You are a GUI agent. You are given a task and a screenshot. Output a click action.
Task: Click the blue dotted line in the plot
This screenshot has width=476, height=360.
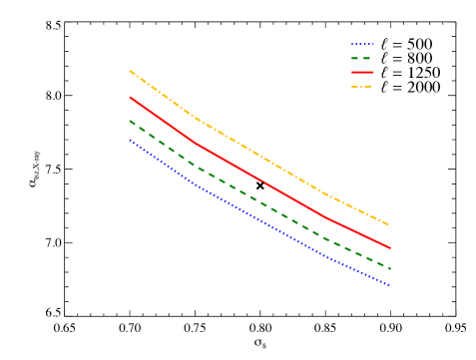click(x=259, y=219)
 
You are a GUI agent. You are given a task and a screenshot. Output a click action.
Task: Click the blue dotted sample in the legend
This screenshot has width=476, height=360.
click(x=362, y=44)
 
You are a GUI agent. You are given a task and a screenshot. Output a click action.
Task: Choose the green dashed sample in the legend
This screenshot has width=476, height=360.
click(x=362, y=58)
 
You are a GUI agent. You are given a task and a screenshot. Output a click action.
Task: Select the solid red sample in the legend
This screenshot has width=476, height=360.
click(x=362, y=72)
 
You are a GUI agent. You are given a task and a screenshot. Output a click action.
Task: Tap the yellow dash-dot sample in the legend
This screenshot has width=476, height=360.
click(x=362, y=87)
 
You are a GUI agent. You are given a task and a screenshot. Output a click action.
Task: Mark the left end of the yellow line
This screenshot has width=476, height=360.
click(x=130, y=71)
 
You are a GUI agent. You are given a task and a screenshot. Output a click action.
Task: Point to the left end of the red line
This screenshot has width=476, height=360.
click(x=130, y=97)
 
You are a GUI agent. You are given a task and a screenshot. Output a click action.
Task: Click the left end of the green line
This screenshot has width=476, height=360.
click(x=130, y=122)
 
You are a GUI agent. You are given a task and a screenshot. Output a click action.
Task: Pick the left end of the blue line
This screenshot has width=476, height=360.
click(x=130, y=140)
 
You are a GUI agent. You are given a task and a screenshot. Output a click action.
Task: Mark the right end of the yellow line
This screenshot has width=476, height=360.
click(x=389, y=225)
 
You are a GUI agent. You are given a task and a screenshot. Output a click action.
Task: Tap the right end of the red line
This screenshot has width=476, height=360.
click(x=389, y=247)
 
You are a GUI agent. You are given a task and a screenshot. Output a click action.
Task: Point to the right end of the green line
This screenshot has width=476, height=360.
click(x=389, y=269)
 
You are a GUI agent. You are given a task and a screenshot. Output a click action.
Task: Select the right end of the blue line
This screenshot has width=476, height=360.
click(x=389, y=285)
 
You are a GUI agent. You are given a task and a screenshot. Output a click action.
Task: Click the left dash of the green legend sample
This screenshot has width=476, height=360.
click(x=354, y=58)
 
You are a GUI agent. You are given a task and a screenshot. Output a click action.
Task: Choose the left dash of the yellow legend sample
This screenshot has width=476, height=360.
click(x=355, y=87)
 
